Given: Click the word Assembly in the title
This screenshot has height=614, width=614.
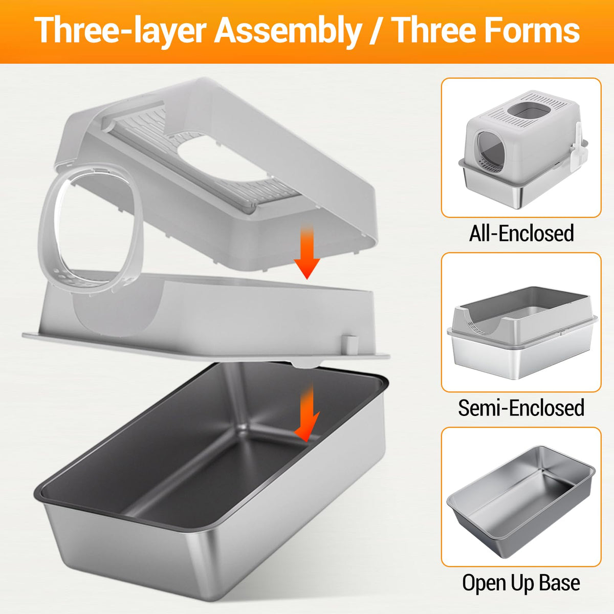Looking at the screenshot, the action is pos(288,31).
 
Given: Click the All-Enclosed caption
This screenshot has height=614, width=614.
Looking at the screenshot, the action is pos(521,233).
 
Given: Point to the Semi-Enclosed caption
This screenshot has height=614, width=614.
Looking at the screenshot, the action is pos(521,407).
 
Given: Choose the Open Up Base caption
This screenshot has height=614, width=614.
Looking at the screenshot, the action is pos(521,582).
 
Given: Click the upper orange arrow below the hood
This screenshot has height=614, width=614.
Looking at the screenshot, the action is pos(307,252).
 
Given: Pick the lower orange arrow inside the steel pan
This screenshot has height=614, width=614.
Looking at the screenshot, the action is pos(307,412).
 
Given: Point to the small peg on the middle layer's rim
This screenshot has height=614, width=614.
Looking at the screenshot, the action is pos(349,343).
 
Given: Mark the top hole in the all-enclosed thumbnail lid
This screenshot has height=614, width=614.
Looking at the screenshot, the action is pos(529,110).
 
